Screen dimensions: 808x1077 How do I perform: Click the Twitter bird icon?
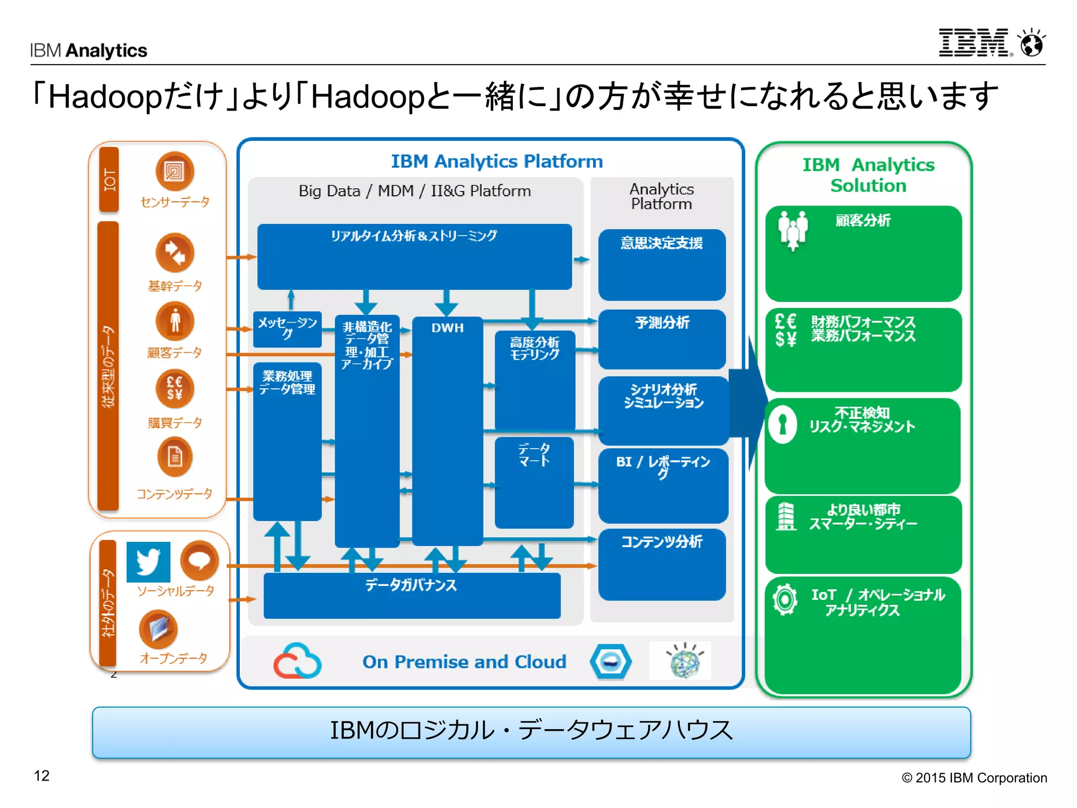(x=148, y=561)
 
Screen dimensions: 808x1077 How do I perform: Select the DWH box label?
(x=448, y=328)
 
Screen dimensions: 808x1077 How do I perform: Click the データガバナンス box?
(x=412, y=595)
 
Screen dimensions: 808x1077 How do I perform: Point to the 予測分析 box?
(x=662, y=339)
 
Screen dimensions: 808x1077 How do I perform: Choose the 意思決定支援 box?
(x=662, y=264)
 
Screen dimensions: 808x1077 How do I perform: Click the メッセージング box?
(x=287, y=329)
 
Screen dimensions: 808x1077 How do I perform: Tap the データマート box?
(x=534, y=482)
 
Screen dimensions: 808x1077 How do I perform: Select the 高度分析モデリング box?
(x=535, y=379)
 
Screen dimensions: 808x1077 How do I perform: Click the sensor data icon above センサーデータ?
(x=175, y=171)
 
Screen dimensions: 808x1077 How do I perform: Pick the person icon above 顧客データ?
(x=175, y=321)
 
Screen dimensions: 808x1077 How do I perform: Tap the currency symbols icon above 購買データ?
(x=175, y=388)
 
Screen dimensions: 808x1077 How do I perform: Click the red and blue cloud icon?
(x=297, y=661)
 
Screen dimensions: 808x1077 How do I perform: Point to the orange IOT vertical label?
(x=109, y=179)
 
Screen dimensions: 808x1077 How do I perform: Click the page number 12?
(x=42, y=775)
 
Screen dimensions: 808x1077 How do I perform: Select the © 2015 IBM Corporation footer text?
(x=974, y=777)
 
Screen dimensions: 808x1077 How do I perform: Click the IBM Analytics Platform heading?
(x=496, y=161)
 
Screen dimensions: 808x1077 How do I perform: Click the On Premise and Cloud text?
(x=464, y=662)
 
